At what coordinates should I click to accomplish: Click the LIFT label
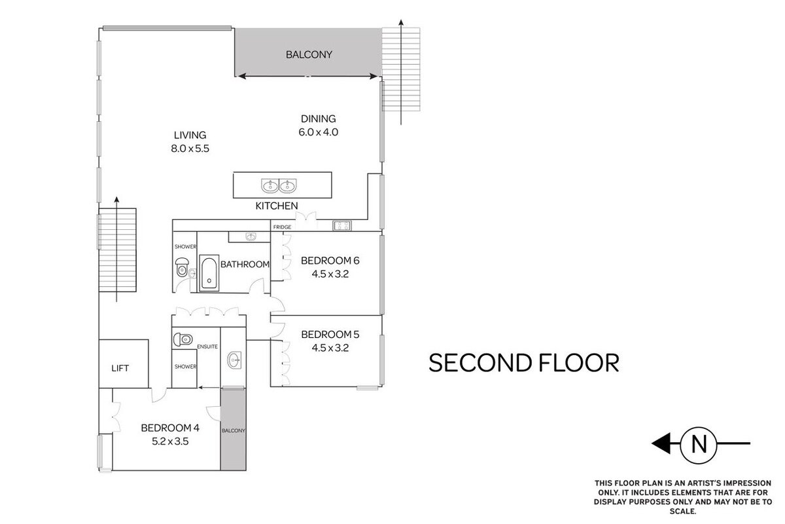120,368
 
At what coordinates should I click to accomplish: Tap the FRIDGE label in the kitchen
282,227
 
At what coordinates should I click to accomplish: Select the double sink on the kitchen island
279,185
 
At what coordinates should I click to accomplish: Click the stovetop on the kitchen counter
342,226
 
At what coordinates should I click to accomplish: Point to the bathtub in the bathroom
209,272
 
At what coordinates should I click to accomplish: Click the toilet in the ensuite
183,339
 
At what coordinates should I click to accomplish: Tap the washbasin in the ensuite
234,360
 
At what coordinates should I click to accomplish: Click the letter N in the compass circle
699,444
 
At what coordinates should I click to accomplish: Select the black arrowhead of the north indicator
661,443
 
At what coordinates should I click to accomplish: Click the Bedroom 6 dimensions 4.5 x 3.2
330,274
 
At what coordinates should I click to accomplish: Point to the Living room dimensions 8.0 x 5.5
190,149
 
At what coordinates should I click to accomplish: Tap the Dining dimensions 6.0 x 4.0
318,132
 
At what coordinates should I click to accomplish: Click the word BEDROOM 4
170,428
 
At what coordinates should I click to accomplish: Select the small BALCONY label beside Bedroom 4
233,430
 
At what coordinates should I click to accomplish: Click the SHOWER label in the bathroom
185,247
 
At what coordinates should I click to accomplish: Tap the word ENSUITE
207,346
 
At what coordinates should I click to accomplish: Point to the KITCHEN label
277,206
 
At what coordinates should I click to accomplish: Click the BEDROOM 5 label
330,335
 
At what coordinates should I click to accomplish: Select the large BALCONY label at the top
309,55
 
